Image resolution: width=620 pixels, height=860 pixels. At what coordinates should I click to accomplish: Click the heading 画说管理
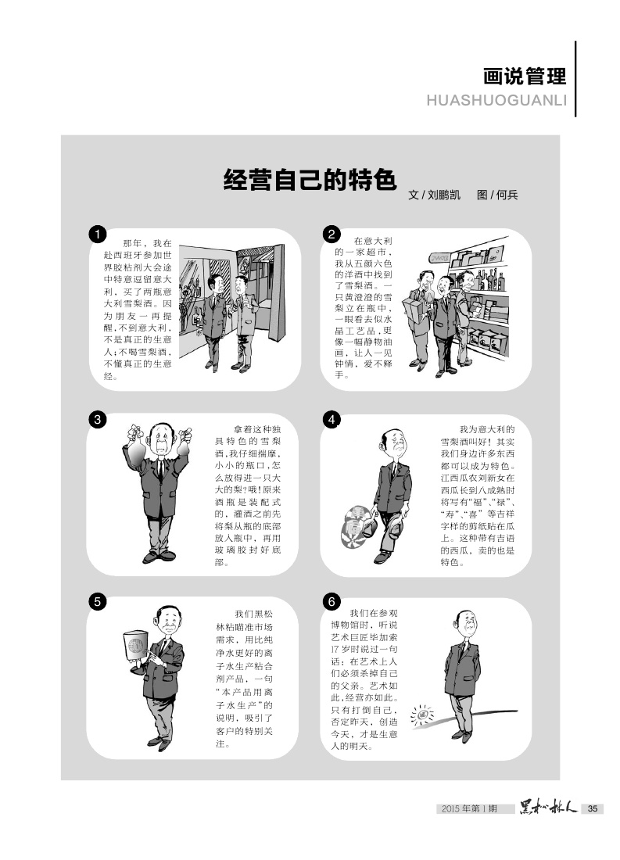point(525,77)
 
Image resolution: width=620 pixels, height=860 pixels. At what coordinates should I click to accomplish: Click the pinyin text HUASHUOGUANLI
point(496,100)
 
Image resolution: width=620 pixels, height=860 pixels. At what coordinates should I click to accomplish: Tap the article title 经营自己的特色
point(310,180)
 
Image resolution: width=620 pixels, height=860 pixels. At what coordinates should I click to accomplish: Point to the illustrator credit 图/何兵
point(498,195)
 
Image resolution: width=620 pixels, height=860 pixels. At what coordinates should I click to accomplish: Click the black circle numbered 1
point(97,235)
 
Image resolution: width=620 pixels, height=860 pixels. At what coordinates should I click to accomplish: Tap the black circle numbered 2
point(332,235)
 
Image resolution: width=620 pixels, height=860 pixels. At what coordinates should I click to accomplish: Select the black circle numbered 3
point(97,420)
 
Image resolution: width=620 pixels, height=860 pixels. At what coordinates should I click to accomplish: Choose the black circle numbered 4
point(332,420)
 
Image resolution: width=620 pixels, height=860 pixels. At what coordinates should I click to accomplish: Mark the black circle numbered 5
point(97,602)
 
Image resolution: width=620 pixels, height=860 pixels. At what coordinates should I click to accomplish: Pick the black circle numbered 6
point(332,602)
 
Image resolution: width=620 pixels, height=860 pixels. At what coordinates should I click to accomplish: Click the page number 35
point(593,808)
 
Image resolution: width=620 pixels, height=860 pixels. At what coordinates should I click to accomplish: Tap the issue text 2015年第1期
point(470,808)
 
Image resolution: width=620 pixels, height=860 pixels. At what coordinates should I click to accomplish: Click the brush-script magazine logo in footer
point(548,808)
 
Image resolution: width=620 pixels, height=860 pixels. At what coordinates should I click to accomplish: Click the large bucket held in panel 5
point(136,646)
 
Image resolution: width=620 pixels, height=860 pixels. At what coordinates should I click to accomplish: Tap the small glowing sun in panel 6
point(422,715)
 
